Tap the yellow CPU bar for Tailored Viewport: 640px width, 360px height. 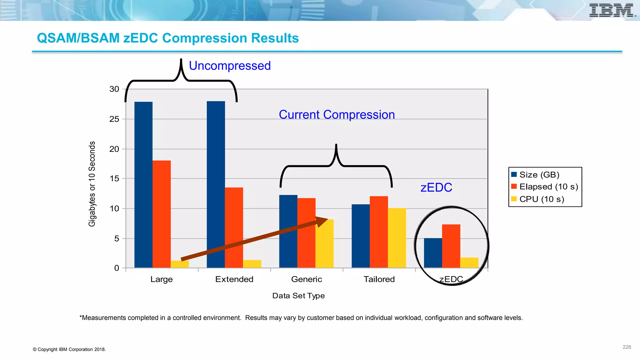click(397, 237)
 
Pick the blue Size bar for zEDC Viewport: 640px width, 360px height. click(433, 253)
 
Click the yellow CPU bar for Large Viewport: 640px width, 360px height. click(180, 264)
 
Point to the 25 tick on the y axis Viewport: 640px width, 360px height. click(114, 119)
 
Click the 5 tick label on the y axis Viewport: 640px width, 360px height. click(117, 239)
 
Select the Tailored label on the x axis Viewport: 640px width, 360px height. click(379, 279)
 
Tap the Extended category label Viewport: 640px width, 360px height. click(234, 279)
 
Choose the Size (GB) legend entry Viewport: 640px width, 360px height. click(539, 175)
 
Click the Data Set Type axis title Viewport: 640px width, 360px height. click(298, 296)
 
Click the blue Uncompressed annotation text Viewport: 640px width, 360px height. click(230, 66)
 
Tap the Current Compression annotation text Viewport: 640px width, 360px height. click(337, 115)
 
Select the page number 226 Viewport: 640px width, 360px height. click(627, 347)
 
